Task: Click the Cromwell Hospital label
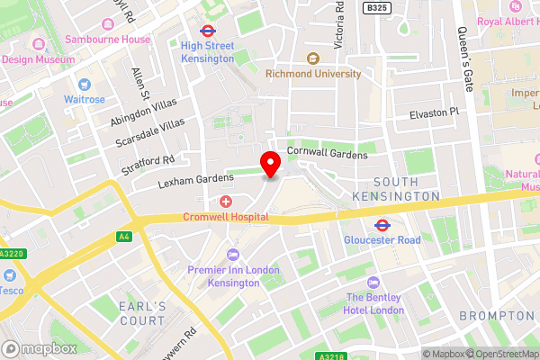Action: pyautogui.click(x=226, y=217)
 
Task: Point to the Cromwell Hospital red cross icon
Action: pyautogui.click(x=226, y=201)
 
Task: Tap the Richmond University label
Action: pyautogui.click(x=313, y=74)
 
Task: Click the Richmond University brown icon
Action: pyautogui.click(x=313, y=58)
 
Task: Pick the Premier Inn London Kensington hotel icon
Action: pyautogui.click(x=233, y=254)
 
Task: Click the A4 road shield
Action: pyautogui.click(x=123, y=236)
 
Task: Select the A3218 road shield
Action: pyautogui.click(x=329, y=355)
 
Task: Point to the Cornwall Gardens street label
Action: pyautogui.click(x=328, y=155)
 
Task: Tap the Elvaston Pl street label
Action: pyautogui.click(x=434, y=112)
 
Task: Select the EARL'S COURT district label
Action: pyautogui.click(x=142, y=313)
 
